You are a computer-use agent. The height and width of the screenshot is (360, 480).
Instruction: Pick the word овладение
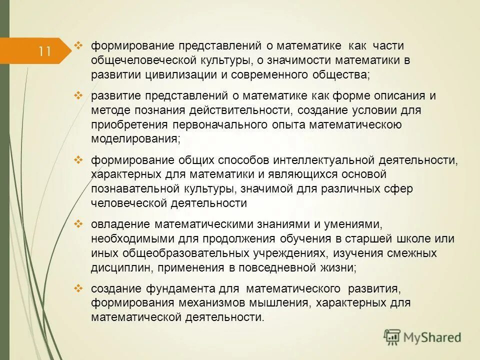[120, 224]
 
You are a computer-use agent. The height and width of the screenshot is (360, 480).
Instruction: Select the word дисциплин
[121, 267]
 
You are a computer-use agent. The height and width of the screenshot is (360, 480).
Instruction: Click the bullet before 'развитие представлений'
[78, 95]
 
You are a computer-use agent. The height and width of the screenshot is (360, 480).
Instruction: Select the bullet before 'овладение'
[78, 224]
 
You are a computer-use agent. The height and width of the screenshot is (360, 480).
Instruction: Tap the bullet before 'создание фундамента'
[78, 288]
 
